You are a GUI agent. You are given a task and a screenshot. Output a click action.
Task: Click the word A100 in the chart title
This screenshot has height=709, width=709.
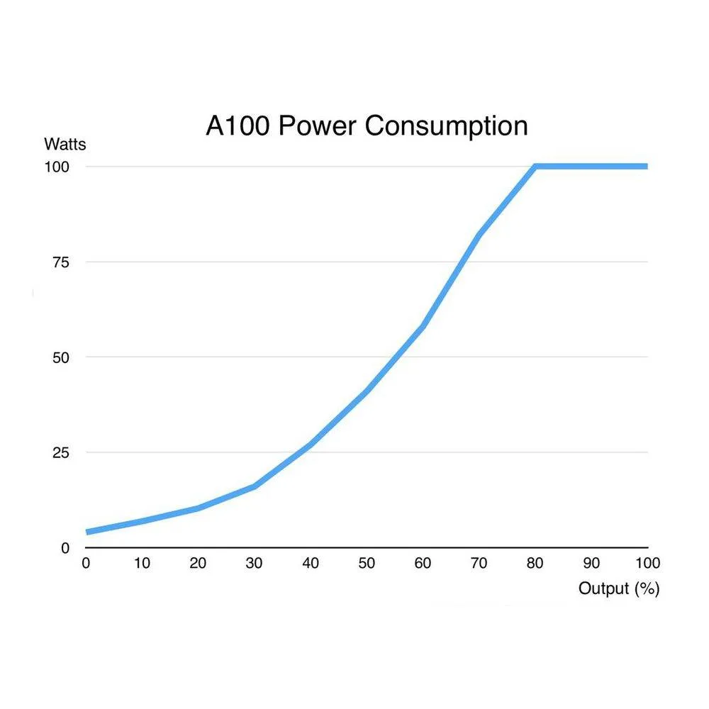[x=238, y=126]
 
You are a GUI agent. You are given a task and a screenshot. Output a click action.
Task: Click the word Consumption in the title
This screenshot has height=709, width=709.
[x=446, y=126]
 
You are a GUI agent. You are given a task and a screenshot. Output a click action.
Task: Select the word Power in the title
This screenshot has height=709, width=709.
[x=318, y=126]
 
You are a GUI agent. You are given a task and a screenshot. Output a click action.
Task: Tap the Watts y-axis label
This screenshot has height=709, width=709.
[x=65, y=145]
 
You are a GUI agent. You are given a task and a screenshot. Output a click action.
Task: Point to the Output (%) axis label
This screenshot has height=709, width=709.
[x=618, y=588]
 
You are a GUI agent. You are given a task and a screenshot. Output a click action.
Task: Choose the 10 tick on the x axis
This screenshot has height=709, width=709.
[x=142, y=564]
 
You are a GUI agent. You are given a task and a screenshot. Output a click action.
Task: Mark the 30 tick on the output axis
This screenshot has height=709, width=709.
[x=254, y=564]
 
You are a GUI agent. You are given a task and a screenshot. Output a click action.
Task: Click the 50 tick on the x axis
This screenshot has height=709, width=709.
[x=367, y=564]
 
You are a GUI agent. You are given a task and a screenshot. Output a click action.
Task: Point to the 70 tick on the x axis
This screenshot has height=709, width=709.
[x=479, y=564]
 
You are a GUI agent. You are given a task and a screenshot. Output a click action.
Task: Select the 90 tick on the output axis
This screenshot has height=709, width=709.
[x=591, y=564]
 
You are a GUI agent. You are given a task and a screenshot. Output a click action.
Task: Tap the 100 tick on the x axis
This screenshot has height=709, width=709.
[x=647, y=564]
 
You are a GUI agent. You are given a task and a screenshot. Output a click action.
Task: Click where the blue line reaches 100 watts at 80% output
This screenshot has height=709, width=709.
[x=536, y=167]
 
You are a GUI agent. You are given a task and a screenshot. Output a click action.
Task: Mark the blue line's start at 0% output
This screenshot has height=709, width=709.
[x=87, y=532]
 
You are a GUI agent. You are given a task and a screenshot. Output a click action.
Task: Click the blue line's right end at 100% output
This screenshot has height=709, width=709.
[x=647, y=167]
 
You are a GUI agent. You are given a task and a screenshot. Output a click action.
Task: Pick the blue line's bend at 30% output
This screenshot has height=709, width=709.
[x=255, y=486]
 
